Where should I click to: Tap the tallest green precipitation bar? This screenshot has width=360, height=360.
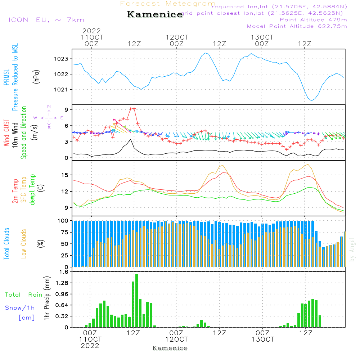pyautogui.click(x=136, y=301)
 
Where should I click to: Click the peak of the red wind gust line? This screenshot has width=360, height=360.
pyautogui.click(x=134, y=108)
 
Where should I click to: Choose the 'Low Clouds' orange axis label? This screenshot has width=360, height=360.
pyautogui.click(x=24, y=243)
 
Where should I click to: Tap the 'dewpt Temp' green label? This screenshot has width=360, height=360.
pyautogui.click(x=32, y=190)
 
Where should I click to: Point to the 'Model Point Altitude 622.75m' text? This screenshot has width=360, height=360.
pyautogui.click(x=297, y=26)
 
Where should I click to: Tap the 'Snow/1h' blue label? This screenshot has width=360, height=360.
pyautogui.click(x=20, y=308)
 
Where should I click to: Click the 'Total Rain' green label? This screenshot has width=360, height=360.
pyautogui.click(x=23, y=295)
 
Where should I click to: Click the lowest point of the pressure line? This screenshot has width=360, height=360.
pyautogui.click(x=311, y=100)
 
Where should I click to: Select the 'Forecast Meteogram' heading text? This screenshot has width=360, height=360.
pyautogui.click(x=168, y=4)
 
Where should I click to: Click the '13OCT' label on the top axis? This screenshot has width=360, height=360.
pyautogui.click(x=262, y=37)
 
